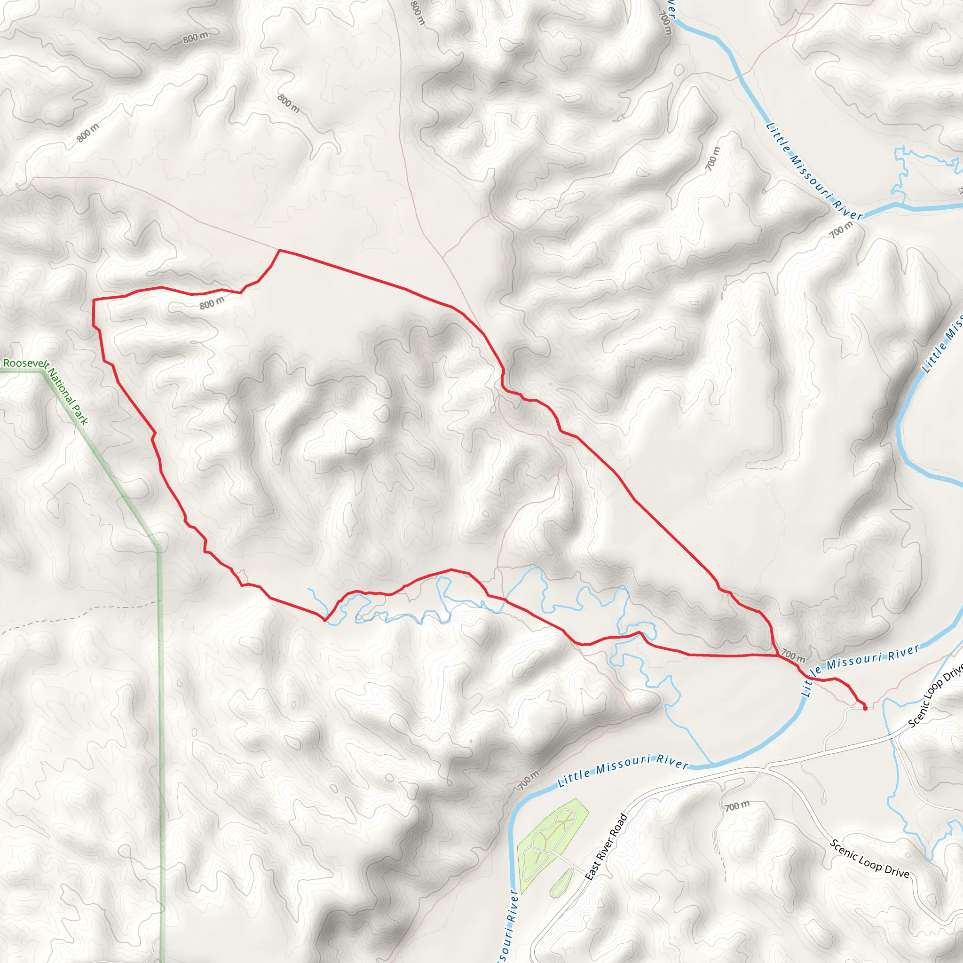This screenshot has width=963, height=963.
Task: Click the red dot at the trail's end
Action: (x=865, y=708)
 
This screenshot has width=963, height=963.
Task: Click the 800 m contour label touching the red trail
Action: (x=213, y=302)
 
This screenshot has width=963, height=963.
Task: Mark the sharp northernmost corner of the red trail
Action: (x=280, y=250)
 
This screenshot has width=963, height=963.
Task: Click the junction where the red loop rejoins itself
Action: (x=778, y=655)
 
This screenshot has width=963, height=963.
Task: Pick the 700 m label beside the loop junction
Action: (x=792, y=655)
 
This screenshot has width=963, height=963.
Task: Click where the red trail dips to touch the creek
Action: (x=325, y=621)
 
